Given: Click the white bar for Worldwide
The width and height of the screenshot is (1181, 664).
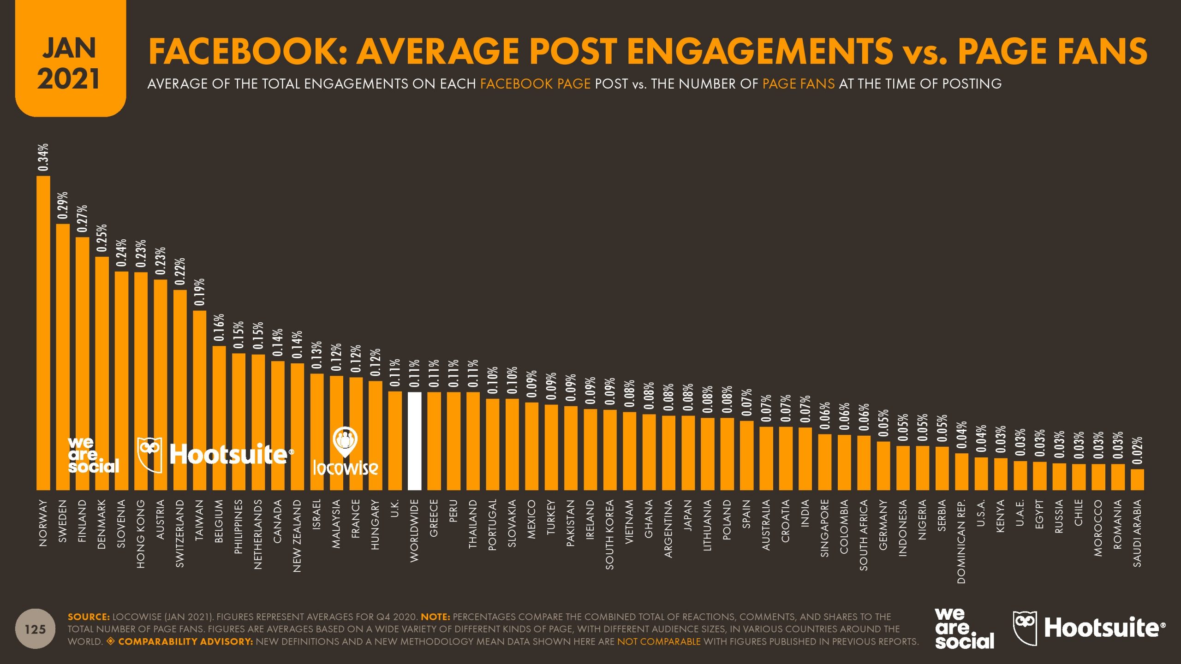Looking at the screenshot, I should click(x=414, y=441).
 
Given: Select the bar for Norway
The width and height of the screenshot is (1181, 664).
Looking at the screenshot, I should click(x=43, y=332).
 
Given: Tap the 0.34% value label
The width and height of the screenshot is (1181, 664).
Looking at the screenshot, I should click(x=43, y=157).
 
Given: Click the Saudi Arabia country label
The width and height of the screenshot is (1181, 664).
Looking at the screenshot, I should click(x=1137, y=533).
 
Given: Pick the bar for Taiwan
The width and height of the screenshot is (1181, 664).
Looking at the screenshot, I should click(x=199, y=400).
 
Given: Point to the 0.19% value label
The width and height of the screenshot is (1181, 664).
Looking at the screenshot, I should click(x=199, y=292).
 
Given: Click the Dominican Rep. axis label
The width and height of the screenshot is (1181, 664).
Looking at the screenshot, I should click(x=961, y=541).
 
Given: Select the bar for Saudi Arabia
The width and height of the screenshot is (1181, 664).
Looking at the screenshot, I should click(x=1137, y=479).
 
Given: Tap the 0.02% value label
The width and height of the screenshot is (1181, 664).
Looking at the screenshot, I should click(x=1137, y=450).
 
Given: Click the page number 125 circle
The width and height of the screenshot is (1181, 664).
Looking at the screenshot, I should click(x=35, y=629).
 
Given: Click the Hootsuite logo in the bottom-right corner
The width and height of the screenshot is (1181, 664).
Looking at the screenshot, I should click(x=1089, y=628).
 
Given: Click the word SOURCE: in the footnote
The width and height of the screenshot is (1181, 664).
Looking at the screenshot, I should click(x=89, y=617).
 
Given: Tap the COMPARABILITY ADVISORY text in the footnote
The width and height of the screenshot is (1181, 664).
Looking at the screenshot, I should click(x=185, y=641).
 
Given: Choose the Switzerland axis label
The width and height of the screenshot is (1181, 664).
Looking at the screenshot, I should click(x=180, y=533).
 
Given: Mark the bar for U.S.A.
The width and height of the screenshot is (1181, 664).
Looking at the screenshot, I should click(x=981, y=474).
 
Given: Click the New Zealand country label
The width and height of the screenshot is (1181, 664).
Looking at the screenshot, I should click(x=297, y=536).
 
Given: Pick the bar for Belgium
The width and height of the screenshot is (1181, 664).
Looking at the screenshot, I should click(x=219, y=418).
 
